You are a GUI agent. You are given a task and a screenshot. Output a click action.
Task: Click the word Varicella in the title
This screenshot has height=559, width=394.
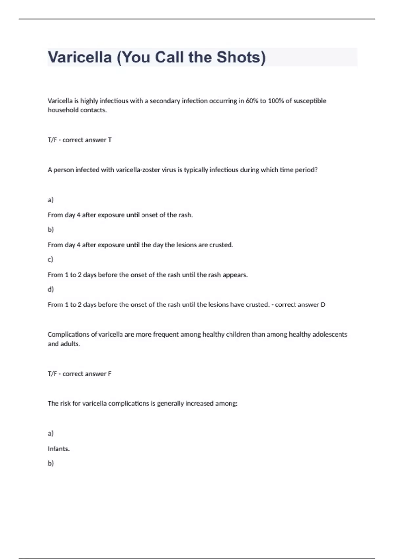80,57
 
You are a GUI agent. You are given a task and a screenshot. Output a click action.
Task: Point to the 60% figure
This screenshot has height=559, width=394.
252,101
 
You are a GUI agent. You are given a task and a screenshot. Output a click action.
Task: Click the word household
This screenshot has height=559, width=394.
63,110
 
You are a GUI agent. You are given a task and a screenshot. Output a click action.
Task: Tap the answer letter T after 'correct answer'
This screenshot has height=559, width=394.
110,140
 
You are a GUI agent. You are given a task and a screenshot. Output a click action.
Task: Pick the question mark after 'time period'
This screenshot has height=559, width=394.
316,170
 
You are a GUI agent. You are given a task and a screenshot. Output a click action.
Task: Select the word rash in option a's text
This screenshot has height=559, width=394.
185,215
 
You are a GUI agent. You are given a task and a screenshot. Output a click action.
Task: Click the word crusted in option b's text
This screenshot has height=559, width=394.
221,245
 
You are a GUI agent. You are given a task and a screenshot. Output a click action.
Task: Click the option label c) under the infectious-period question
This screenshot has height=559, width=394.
50,259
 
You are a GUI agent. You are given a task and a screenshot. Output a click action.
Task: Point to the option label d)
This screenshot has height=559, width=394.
51,289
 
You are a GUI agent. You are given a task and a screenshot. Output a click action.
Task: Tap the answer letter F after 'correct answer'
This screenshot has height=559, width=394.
110,374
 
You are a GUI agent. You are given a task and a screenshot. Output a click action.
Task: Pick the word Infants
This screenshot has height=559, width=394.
58,449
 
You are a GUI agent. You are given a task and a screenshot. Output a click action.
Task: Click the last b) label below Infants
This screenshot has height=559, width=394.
51,463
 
